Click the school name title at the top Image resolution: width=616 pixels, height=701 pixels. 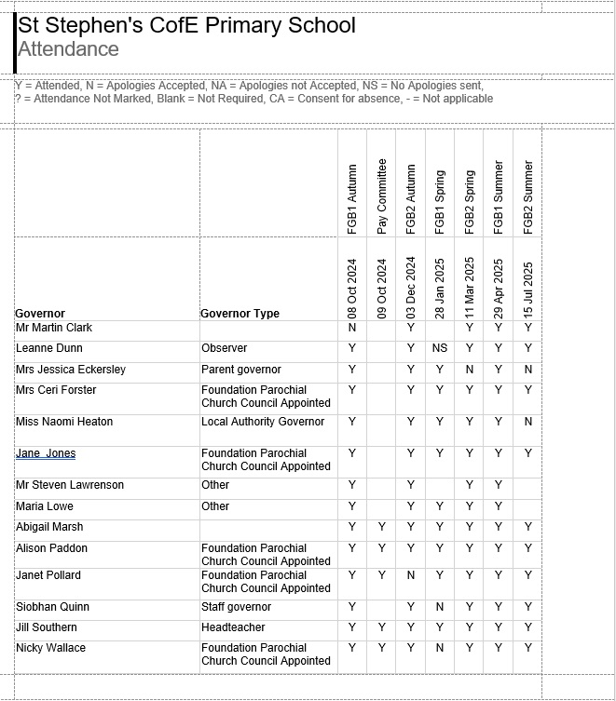pyautogui.click(x=186, y=25)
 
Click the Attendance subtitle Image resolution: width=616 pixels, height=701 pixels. pyautogui.click(x=68, y=49)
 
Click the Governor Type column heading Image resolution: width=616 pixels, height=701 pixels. pyautogui.click(x=240, y=314)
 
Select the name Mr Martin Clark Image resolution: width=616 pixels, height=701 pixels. pyautogui.click(x=54, y=328)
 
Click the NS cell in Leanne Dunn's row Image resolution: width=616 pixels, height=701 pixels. pyautogui.click(x=440, y=348)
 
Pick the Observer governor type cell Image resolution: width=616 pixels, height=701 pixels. pyautogui.click(x=225, y=348)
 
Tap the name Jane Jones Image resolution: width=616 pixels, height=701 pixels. pyautogui.click(x=46, y=453)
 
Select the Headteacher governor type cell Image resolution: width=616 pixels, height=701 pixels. pyautogui.click(x=233, y=627)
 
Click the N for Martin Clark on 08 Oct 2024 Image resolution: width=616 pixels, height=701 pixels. pyautogui.click(x=352, y=328)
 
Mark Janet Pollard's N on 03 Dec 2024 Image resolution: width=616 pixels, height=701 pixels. pyautogui.click(x=411, y=575)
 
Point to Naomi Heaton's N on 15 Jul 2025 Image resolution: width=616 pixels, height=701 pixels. pyautogui.click(x=528, y=422)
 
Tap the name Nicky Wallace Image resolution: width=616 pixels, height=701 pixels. pyautogui.click(x=50, y=648)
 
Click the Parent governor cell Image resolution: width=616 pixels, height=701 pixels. pyautogui.click(x=241, y=370)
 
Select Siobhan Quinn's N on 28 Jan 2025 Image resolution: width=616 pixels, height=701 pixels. pyautogui.click(x=440, y=607)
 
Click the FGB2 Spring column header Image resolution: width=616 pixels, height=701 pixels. pyautogui.click(x=470, y=201)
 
